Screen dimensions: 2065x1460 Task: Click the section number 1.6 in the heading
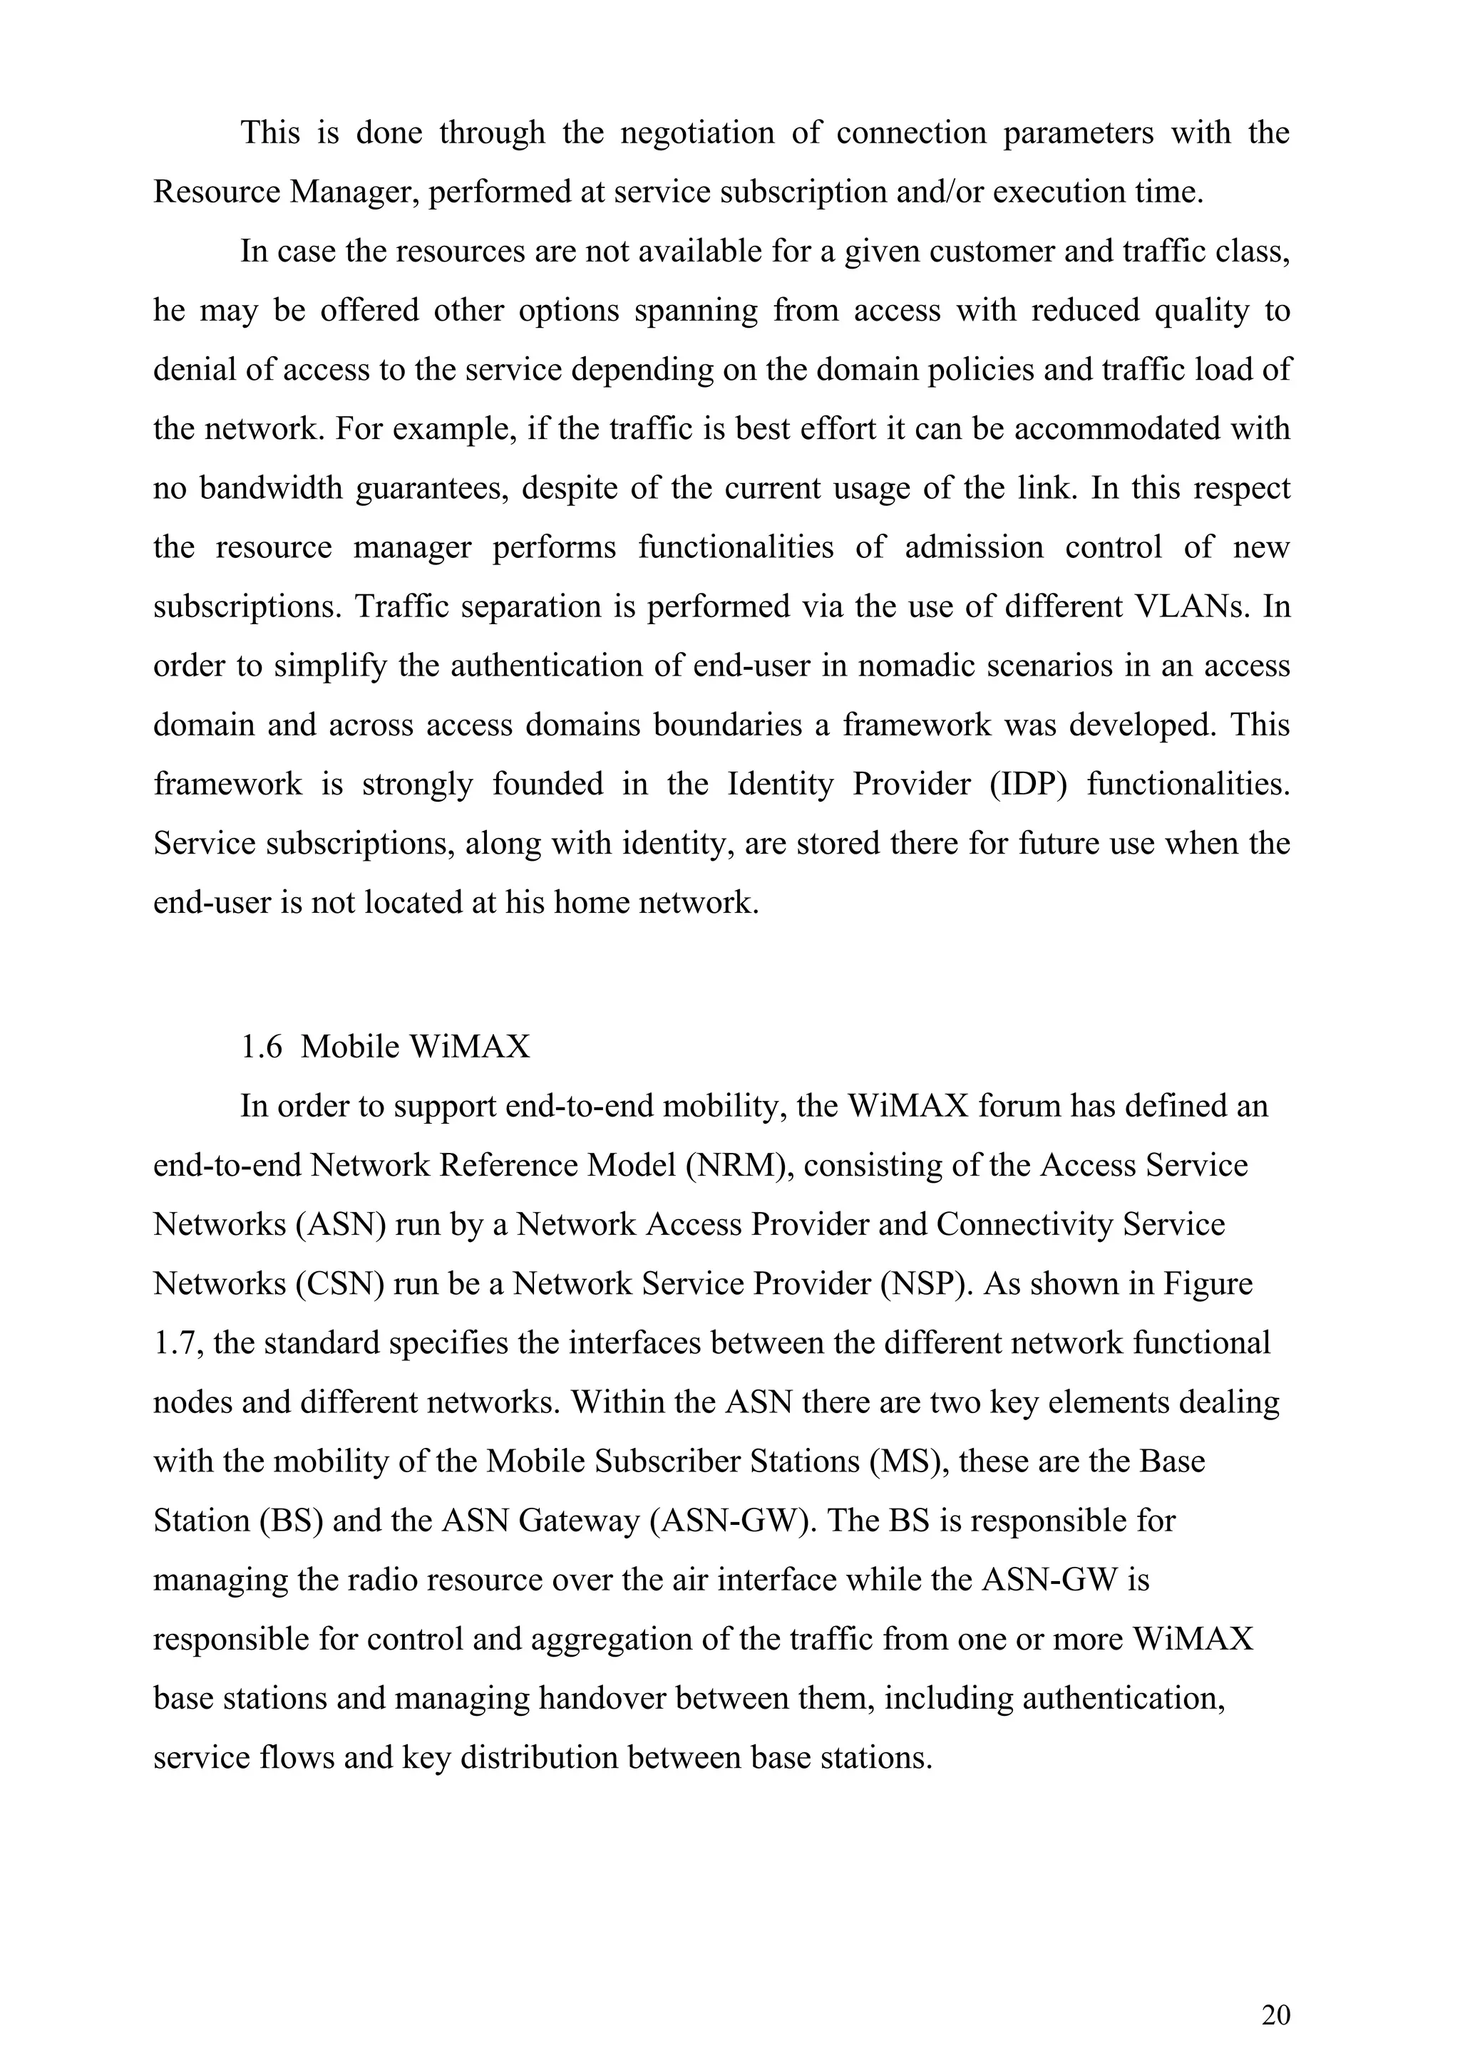262,1047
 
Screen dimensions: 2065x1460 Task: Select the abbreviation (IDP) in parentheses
1028,785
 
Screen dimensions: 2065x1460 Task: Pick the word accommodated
1124,429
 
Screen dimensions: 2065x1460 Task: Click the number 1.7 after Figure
173,1344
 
